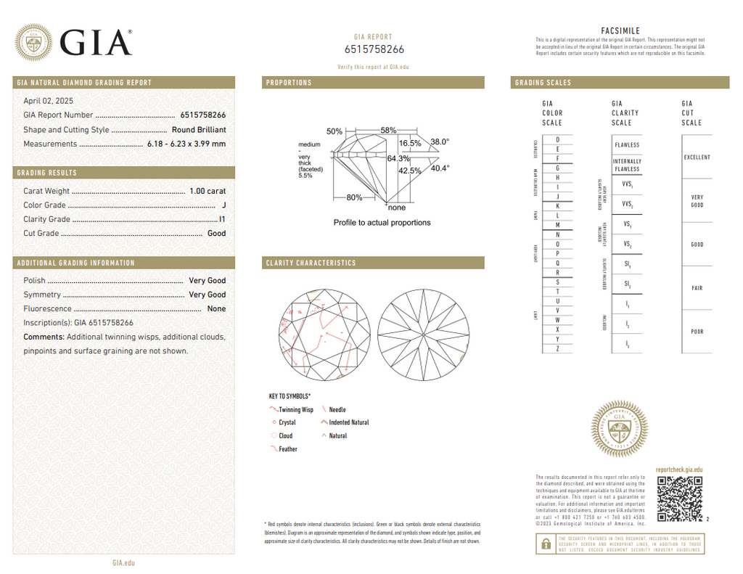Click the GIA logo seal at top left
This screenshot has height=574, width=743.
tap(34, 43)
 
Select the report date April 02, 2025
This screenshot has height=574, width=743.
tap(48, 101)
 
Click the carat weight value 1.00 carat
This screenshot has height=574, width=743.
tap(207, 191)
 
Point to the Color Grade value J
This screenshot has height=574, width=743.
tap(223, 205)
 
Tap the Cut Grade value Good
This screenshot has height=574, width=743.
tap(216, 234)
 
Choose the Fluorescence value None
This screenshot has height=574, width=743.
tap(216, 309)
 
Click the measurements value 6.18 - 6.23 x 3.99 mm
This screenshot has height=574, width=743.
tap(186, 144)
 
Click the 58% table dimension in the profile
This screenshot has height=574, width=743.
tap(388, 131)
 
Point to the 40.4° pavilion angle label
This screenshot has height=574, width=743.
tap(440, 168)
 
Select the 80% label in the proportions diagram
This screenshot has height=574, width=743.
tap(354, 197)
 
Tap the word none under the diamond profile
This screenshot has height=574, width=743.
tap(397, 208)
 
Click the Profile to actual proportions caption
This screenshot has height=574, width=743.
tap(382, 223)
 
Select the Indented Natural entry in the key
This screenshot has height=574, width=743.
tap(348, 422)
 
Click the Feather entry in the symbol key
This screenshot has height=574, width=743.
tap(287, 449)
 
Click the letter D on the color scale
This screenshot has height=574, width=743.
tap(557, 139)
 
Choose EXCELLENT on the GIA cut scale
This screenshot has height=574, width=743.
tap(697, 157)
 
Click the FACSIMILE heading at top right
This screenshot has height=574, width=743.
tap(620, 31)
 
